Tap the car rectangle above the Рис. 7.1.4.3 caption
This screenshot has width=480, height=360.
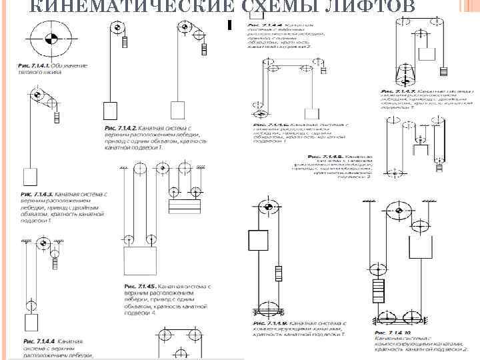[x=29, y=177]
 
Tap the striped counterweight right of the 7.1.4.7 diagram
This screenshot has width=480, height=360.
[x=442, y=71]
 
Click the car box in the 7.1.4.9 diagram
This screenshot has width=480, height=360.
[x=257, y=239]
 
